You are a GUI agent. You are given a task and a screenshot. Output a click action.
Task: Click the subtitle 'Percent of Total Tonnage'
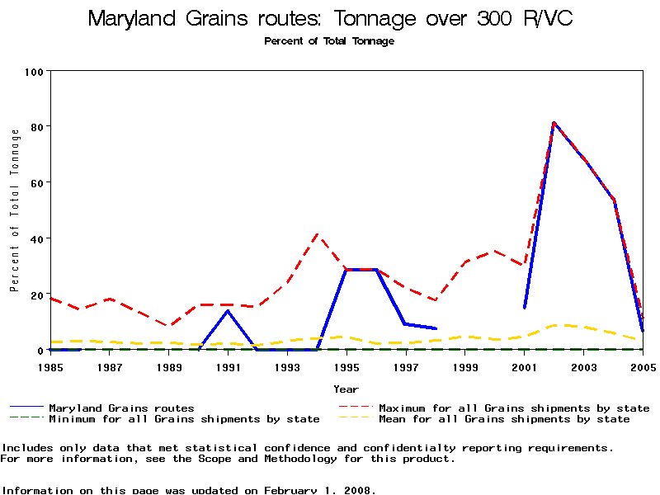(329, 41)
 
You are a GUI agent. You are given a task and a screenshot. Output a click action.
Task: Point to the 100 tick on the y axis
(34, 71)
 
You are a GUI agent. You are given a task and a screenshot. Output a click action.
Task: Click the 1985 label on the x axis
(50, 366)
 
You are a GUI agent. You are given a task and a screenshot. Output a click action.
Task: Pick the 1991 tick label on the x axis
(228, 366)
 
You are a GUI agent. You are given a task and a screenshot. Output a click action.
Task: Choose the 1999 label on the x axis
(465, 366)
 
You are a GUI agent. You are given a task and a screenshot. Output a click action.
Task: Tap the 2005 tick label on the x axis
(643, 366)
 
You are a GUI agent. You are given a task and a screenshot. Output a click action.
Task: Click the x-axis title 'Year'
(346, 389)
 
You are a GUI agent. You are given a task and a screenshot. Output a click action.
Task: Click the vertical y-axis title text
(14, 210)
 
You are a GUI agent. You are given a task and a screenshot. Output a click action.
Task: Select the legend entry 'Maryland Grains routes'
(121, 408)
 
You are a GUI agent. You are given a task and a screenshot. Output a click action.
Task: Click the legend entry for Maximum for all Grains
(514, 408)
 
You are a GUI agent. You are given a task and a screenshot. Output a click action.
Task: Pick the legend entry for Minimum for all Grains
(183, 419)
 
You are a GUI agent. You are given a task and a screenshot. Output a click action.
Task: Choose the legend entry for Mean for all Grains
(503, 419)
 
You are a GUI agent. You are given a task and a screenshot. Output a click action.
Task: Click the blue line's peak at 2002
(554, 123)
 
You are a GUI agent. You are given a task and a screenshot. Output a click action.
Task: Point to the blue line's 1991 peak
(228, 310)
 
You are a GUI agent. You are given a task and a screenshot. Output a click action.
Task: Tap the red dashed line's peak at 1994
(317, 233)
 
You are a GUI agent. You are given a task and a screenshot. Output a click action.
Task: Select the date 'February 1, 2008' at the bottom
(320, 490)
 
